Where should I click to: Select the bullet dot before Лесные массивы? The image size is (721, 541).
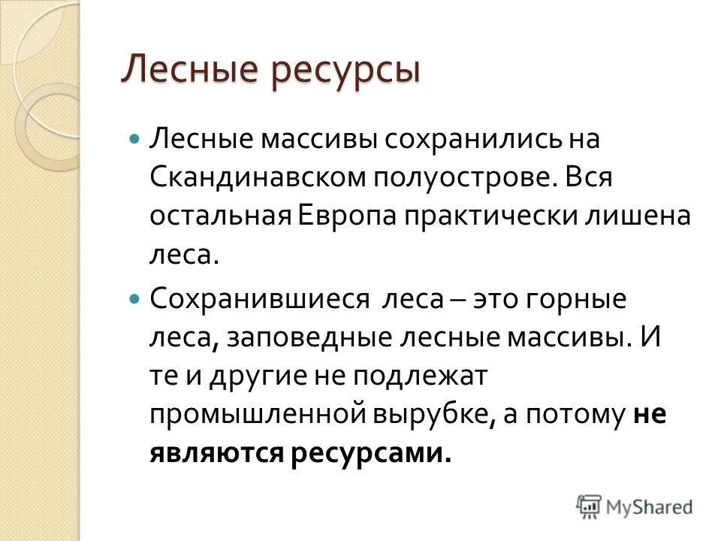click(x=135, y=139)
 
